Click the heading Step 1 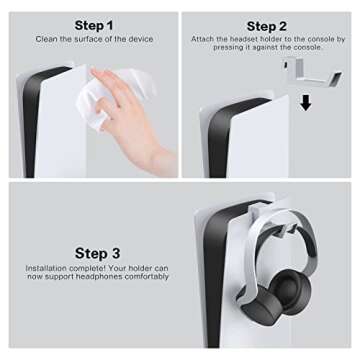point(94,24)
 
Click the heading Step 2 point(267,26)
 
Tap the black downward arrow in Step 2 point(305,102)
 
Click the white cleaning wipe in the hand point(111,87)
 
